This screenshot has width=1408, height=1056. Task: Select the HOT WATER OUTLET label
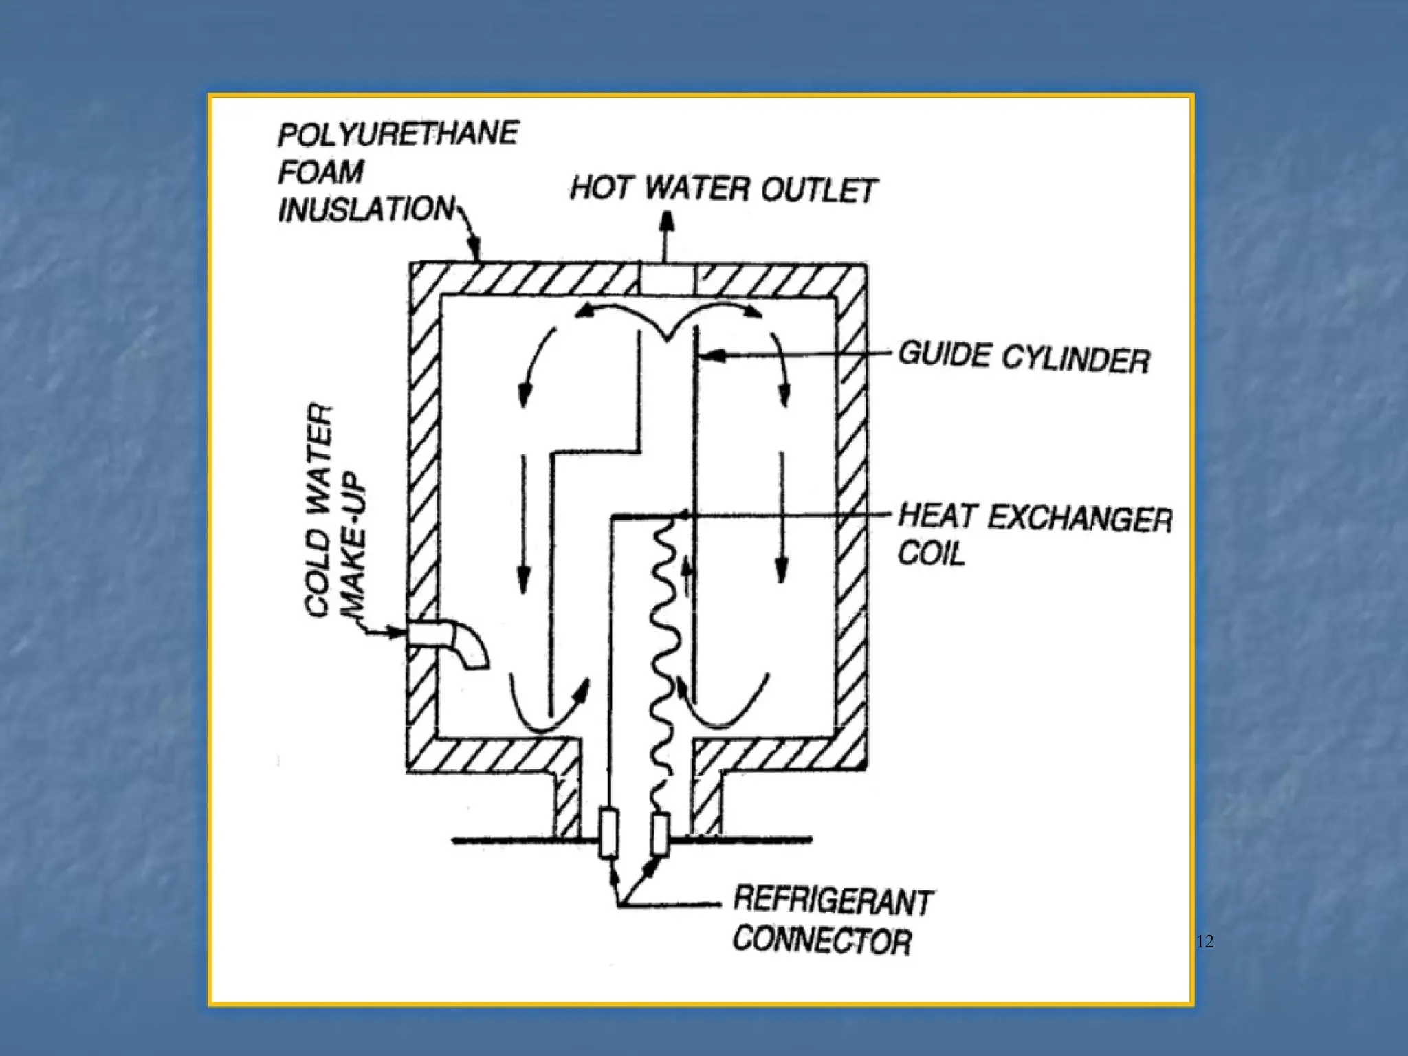coord(723,188)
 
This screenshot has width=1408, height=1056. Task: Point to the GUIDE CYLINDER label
coord(1024,357)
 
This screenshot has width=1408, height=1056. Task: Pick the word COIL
coord(931,553)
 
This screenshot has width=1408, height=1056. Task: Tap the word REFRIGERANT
coord(833,901)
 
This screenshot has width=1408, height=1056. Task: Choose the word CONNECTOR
coord(822,940)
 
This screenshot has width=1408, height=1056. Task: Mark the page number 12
coord(1204,942)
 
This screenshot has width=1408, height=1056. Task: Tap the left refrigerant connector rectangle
coord(608,833)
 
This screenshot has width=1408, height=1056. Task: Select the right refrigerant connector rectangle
coord(660,835)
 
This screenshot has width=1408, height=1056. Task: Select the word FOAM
coord(320,171)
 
